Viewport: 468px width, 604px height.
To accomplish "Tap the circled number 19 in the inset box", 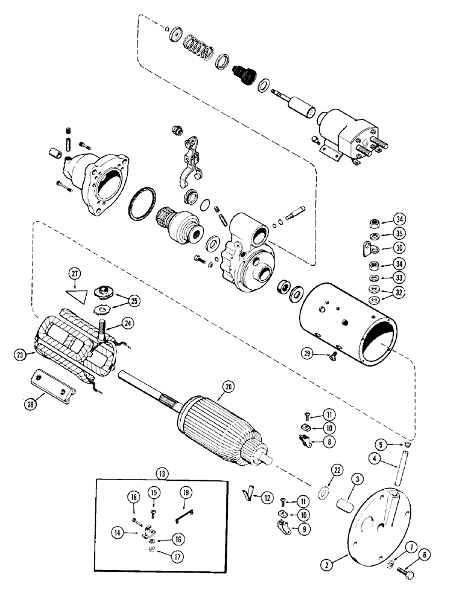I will [x=186, y=493].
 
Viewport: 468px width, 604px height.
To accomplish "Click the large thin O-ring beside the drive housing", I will [x=141, y=210].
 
